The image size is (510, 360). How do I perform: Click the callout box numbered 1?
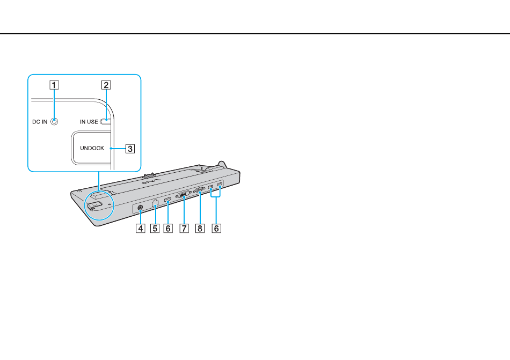point(54,84)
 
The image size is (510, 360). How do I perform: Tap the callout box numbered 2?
point(106,84)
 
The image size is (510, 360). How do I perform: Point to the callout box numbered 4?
point(140,228)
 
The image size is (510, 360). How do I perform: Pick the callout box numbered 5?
point(155,228)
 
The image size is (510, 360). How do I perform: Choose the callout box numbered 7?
point(184,228)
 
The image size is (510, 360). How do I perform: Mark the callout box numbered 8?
point(200,228)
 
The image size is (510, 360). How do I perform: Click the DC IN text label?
point(39,122)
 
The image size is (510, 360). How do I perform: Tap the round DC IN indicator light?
point(54,122)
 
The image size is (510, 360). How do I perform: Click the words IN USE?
point(89,122)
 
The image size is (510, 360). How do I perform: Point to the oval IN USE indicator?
point(106,122)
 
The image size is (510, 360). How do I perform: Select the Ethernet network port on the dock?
point(155,203)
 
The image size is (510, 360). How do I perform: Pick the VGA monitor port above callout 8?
point(199,190)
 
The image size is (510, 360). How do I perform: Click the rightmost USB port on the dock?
point(220,186)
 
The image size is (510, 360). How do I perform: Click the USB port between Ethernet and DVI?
point(167,201)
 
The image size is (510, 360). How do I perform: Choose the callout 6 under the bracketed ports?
point(216,228)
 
